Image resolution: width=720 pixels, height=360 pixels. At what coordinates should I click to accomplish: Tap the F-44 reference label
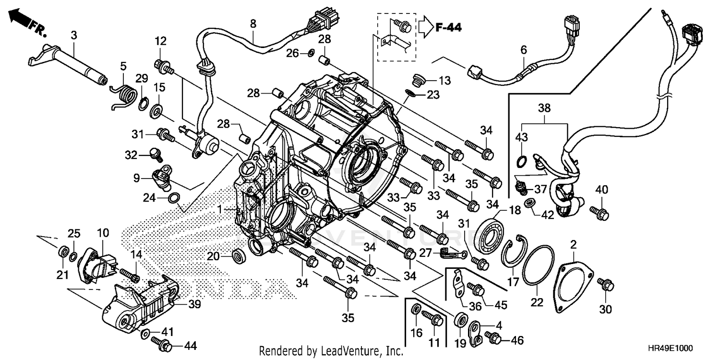click(448, 28)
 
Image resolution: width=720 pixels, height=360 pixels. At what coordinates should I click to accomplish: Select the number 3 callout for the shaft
click(74, 35)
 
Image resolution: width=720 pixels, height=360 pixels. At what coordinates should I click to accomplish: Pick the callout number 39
click(194, 304)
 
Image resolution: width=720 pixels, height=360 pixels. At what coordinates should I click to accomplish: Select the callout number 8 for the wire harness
click(253, 23)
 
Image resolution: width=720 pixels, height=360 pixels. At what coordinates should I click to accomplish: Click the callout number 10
click(103, 233)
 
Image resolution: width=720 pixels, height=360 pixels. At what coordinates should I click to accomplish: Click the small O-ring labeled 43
click(522, 159)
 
